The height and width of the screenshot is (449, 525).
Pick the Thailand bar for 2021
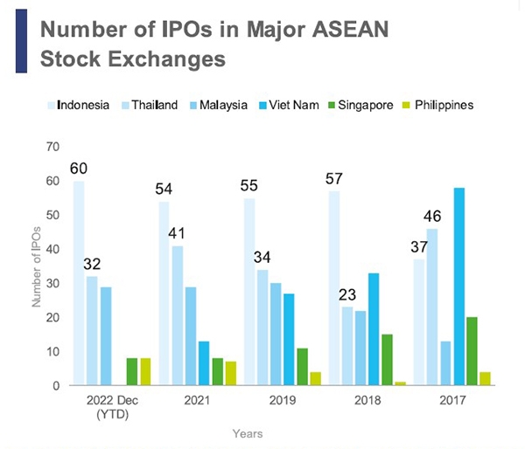click(178, 315)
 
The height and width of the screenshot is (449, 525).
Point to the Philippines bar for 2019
click(314, 378)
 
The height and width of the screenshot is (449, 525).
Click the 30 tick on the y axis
click(55, 283)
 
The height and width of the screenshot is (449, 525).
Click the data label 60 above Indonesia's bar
click(79, 168)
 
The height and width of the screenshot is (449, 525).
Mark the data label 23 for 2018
click(348, 294)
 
